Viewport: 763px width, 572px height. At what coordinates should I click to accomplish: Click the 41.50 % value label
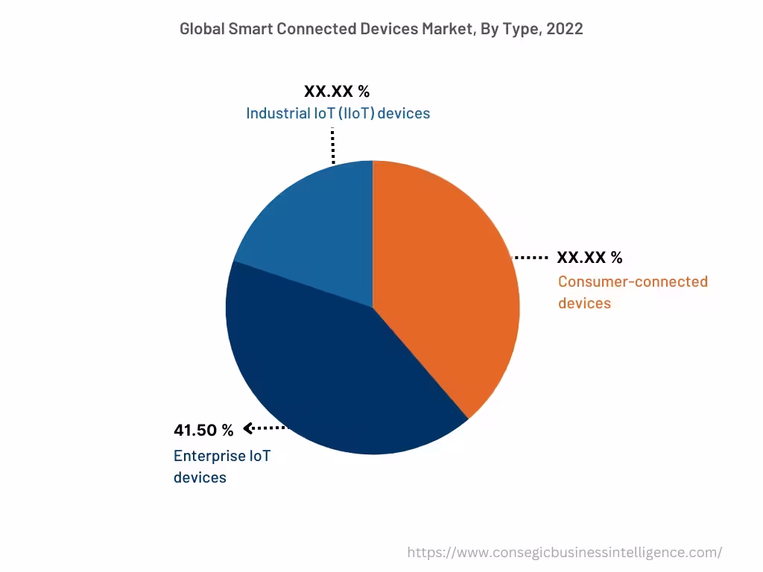203,430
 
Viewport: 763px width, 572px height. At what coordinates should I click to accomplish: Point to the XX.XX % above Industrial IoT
337,92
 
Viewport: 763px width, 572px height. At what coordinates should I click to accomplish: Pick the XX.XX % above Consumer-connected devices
589,258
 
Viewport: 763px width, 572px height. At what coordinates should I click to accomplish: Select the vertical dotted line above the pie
332,145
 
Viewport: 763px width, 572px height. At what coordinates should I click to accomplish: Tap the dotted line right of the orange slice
531,258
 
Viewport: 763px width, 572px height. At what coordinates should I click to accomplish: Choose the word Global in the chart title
202,29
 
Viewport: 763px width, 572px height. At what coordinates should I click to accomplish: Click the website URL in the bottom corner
564,552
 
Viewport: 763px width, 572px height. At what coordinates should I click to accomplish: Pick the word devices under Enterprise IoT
200,477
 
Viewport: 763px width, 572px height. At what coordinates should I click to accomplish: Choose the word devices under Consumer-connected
584,303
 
